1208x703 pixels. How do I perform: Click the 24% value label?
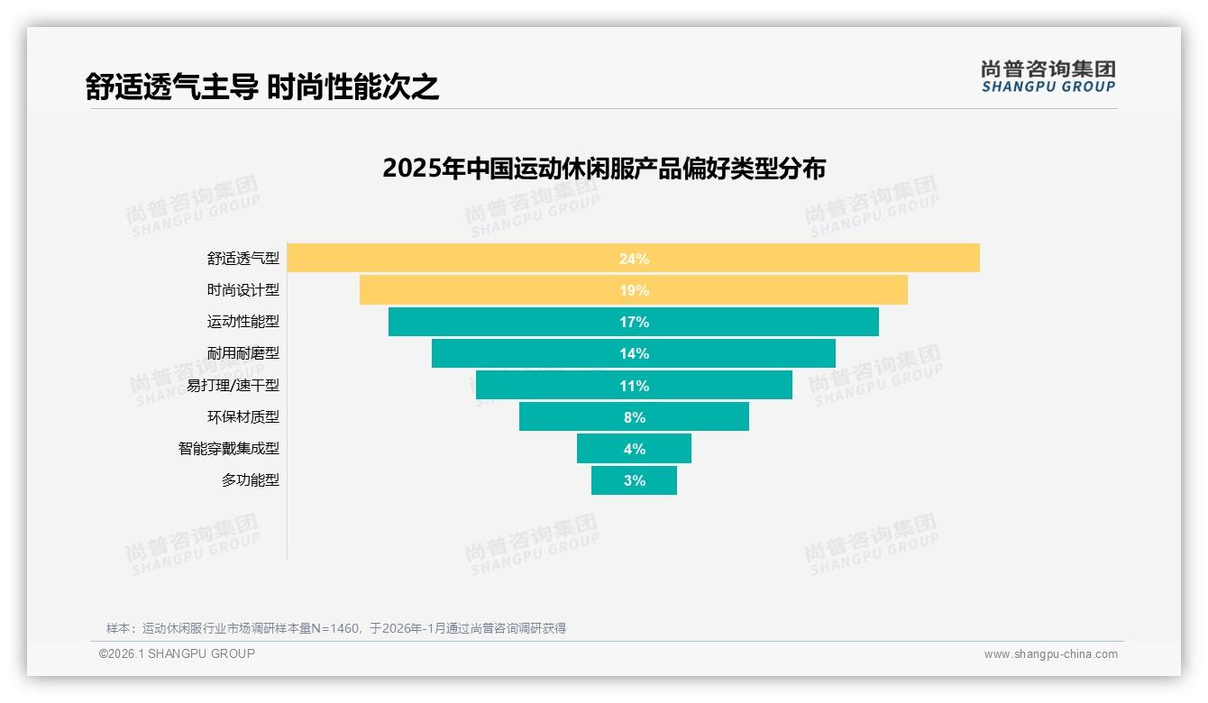coord(634,259)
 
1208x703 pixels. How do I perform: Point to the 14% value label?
coord(634,353)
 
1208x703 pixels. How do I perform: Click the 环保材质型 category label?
coord(243,416)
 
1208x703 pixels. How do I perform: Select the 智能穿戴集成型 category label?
coord(229,448)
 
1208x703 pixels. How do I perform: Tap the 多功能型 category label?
coord(251,479)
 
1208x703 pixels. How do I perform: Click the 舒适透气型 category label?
coord(243,259)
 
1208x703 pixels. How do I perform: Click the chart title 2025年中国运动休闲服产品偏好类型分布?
coord(604,169)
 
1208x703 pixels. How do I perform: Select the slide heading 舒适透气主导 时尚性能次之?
coord(262,87)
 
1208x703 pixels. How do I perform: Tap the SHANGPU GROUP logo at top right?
coord(1048,77)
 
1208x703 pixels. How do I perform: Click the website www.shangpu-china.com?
coord(1050,654)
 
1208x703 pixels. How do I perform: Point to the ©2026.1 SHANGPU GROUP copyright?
coord(177,653)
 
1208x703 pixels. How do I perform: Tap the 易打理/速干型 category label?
coord(233,385)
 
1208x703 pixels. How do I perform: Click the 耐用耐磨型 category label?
coord(243,353)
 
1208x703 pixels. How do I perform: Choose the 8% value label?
coord(634,417)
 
